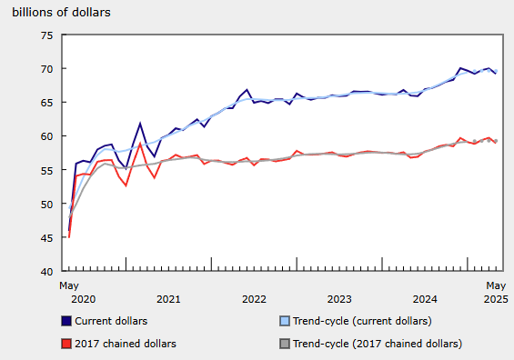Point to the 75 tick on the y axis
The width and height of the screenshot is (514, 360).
[x=45, y=35]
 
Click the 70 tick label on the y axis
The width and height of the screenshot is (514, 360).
[x=45, y=69]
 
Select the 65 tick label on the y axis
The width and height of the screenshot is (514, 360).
[x=45, y=103]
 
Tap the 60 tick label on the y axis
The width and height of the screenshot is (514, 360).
[x=45, y=136]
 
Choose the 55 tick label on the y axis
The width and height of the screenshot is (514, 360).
[x=45, y=170]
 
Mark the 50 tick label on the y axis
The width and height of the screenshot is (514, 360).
[x=45, y=204]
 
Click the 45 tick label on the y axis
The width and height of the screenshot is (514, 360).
[x=45, y=237]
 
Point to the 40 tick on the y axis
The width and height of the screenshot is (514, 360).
[x=45, y=271]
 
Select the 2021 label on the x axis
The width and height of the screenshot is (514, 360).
[x=167, y=298]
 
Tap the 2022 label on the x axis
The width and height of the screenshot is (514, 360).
[x=253, y=298]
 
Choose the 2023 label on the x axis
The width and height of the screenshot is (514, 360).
[x=339, y=298]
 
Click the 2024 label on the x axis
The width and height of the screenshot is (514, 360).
[x=425, y=298]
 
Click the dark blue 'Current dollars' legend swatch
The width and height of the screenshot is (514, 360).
[x=66, y=320]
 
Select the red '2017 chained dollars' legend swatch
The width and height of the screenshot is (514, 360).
[x=66, y=343]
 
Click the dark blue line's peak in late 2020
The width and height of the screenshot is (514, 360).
[x=140, y=123]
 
